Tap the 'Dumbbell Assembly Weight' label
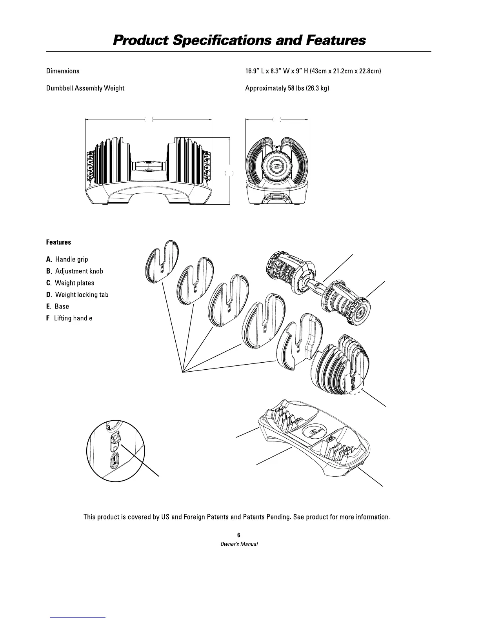click(85, 88)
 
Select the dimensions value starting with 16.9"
click(313, 71)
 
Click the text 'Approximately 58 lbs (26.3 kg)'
click(287, 88)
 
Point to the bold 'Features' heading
click(58, 242)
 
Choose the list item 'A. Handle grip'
click(67, 260)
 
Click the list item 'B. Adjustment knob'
click(75, 271)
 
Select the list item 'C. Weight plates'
click(70, 283)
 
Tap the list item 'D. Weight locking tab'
click(77, 295)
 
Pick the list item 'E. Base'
click(58, 307)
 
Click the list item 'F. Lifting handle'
click(69, 318)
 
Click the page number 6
click(239, 535)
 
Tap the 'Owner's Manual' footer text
click(239, 545)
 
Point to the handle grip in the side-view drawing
click(148, 165)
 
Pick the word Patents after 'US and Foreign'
click(215, 517)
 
